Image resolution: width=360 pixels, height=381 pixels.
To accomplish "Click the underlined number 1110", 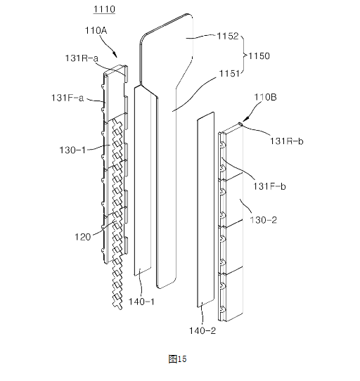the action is [104, 9].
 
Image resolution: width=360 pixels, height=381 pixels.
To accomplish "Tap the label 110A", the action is [96, 31].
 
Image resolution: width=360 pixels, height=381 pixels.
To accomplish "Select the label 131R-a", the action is [82, 58].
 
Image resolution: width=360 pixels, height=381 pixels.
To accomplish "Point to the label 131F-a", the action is [67, 98].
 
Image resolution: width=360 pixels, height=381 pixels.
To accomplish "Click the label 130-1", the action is [72, 150].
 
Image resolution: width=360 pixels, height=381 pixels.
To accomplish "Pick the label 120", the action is [83, 237].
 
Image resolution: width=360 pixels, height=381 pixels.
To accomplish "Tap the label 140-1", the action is [141, 302].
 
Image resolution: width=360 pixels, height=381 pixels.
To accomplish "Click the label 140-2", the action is [202, 330].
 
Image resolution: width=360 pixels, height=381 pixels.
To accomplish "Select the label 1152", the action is [228, 36].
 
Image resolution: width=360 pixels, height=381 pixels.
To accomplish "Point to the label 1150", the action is [259, 56].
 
